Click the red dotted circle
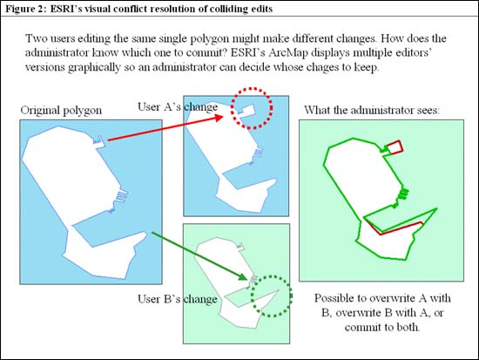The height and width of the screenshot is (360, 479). click(232, 107)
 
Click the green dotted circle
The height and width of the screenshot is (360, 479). click(252, 296)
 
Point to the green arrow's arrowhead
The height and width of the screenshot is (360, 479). click(243, 277)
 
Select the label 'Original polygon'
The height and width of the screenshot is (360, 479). click(61, 111)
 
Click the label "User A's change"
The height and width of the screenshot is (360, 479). click(178, 106)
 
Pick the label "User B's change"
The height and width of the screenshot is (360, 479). click(178, 299)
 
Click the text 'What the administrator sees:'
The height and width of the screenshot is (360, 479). click(372, 110)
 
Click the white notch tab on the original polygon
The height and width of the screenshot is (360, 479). click(100, 143)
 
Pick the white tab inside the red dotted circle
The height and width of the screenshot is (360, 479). click(246, 110)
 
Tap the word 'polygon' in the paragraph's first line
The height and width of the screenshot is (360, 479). click(210, 38)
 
